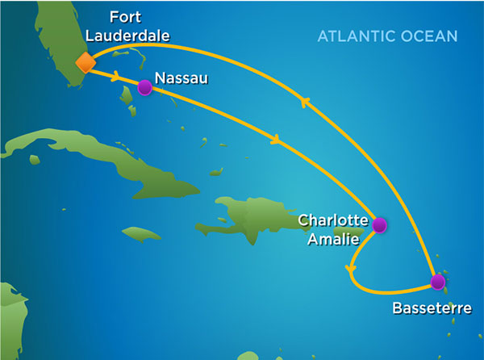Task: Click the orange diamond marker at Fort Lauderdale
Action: point(85,62)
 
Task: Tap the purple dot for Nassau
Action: point(144,88)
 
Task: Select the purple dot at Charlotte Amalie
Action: point(378,225)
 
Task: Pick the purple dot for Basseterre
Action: point(437,283)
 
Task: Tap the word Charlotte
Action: point(333,220)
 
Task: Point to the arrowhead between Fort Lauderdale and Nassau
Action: point(118,77)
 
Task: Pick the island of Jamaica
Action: point(141,234)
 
